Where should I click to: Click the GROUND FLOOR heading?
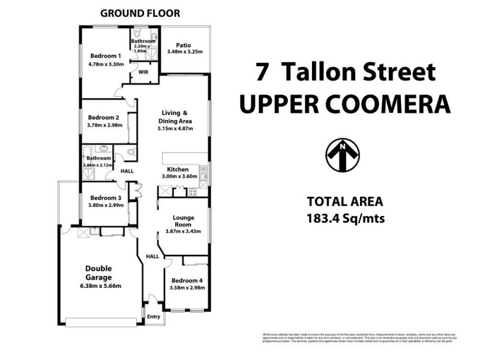[x=140, y=13]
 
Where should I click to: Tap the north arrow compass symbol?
[x=342, y=155]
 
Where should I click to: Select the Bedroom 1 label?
[x=106, y=56]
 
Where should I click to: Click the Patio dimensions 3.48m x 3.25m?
[x=185, y=52]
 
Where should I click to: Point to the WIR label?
[x=143, y=72]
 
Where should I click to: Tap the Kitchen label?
[x=178, y=169]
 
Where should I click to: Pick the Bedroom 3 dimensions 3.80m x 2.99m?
[x=106, y=205]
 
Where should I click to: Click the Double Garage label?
[x=98, y=273]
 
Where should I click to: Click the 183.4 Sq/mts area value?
[x=344, y=218]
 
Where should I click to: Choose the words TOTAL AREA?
[x=344, y=202]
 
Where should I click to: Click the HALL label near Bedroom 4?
[x=152, y=256]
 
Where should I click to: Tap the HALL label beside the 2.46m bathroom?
[x=127, y=171]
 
